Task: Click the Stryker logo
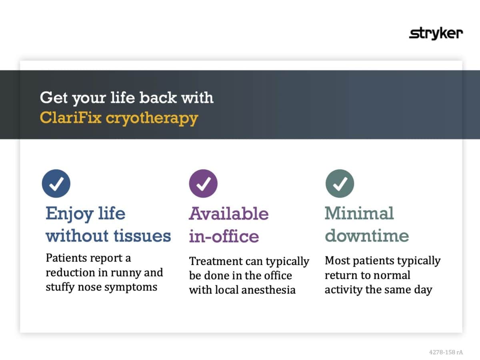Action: (x=436, y=34)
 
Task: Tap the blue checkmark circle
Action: (x=56, y=184)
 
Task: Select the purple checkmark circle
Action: (x=203, y=184)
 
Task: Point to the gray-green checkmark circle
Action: (x=340, y=184)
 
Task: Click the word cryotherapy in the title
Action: (x=152, y=119)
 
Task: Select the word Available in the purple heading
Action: (x=228, y=213)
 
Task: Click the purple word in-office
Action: (x=224, y=236)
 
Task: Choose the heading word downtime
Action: (x=367, y=236)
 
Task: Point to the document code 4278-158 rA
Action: (x=446, y=352)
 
